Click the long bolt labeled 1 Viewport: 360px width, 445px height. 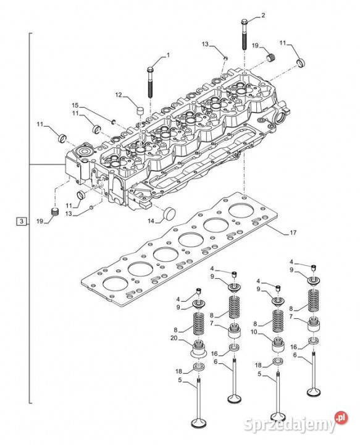pos(150,82)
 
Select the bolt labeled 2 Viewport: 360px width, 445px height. pos(245,35)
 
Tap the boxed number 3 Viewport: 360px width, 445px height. pos(22,221)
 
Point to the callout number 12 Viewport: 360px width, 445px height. pos(119,95)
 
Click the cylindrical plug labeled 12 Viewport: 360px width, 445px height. pos(140,111)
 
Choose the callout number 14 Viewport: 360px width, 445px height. pos(151,221)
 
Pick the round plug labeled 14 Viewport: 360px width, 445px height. pos(170,214)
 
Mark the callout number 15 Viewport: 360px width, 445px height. pos(75,105)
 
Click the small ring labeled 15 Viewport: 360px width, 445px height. pos(113,122)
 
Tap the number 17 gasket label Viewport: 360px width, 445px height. pos(293,233)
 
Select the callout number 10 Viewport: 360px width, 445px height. pos(254,332)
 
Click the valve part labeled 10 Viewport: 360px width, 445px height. pos(278,344)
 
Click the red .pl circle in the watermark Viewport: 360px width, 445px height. pos(341,417)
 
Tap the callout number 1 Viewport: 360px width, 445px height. pos(168,55)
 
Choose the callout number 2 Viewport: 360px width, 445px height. pos(263,15)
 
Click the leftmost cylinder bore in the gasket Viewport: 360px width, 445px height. pos(115,284)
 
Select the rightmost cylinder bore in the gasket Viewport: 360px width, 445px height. pos(241,211)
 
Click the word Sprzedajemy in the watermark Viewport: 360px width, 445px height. pos(290,425)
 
